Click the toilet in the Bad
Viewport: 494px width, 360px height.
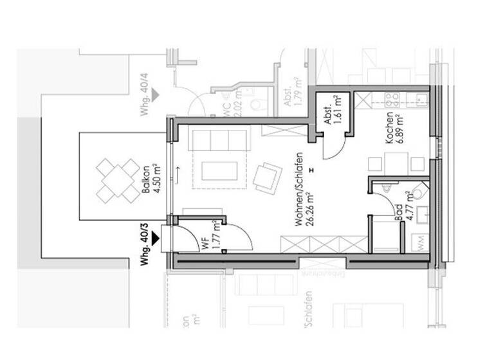click(418, 190)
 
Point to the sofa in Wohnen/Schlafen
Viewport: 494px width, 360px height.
click(219, 140)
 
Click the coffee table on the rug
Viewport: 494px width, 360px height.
click(219, 170)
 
